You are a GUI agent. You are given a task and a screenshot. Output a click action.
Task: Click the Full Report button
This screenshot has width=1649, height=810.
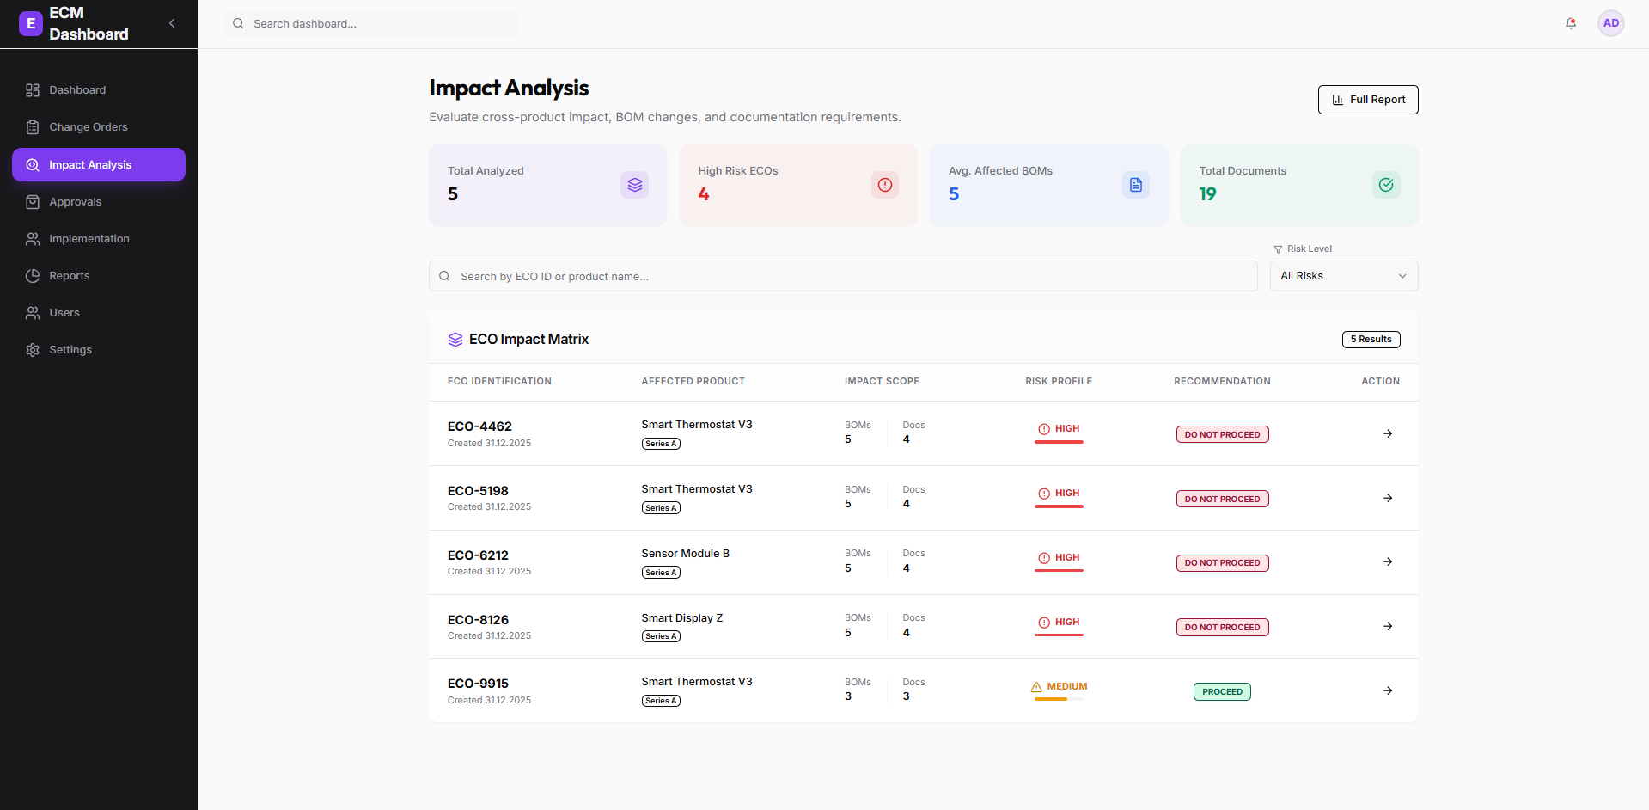tap(1368, 100)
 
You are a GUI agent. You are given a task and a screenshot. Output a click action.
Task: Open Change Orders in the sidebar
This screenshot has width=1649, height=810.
tap(88, 127)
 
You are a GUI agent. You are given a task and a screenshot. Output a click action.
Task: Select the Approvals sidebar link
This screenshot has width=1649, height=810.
tap(75, 202)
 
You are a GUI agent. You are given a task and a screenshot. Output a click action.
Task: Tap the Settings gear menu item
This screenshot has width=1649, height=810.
tap(70, 350)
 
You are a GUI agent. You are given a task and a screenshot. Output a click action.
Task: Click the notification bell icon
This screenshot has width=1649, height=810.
tap(1571, 24)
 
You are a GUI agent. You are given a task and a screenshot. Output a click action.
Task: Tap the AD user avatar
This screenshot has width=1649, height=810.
tap(1610, 24)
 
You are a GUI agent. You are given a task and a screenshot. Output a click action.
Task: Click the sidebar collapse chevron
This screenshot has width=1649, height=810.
tap(172, 23)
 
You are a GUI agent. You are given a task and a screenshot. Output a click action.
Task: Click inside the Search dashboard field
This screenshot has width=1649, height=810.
tap(378, 24)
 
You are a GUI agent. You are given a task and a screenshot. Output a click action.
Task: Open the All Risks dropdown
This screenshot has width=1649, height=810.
tap(1343, 276)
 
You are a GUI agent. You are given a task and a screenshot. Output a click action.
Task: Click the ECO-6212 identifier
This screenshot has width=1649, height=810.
tap(478, 555)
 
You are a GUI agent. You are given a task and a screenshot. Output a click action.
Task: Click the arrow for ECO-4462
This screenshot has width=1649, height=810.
tap(1388, 433)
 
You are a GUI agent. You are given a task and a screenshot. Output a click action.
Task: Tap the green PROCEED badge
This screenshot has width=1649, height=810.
tap(1222, 692)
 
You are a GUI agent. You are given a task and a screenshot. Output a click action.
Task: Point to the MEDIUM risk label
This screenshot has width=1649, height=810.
tap(1066, 687)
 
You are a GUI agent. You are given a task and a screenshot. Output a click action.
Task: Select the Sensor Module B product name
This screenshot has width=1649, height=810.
tap(685, 554)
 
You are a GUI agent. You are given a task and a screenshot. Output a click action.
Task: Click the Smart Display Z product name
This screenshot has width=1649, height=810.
tap(681, 618)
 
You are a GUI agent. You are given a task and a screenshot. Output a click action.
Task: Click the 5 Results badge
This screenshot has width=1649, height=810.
tap(1371, 340)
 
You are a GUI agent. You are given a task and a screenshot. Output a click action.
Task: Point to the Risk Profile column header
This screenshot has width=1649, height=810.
tap(1059, 382)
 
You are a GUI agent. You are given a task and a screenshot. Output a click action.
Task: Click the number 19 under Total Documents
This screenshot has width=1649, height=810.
tap(1207, 194)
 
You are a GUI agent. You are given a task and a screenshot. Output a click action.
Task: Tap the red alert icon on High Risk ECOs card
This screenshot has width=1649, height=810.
tap(884, 185)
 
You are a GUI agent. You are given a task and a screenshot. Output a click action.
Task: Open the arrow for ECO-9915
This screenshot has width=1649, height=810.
tap(1388, 690)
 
